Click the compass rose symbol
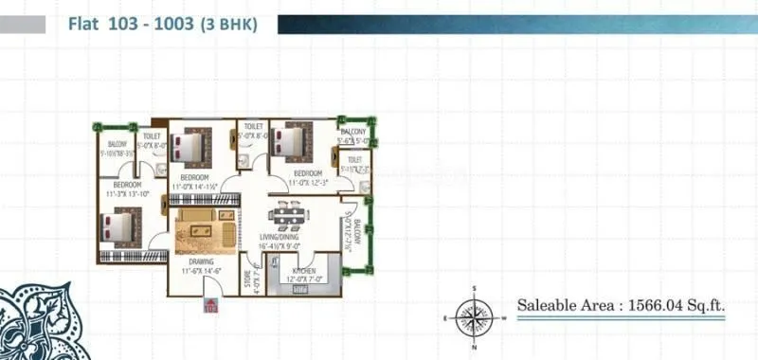tap(473, 316)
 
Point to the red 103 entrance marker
tap(209, 305)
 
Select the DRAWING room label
tap(200, 261)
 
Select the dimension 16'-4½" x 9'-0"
tap(280, 246)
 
